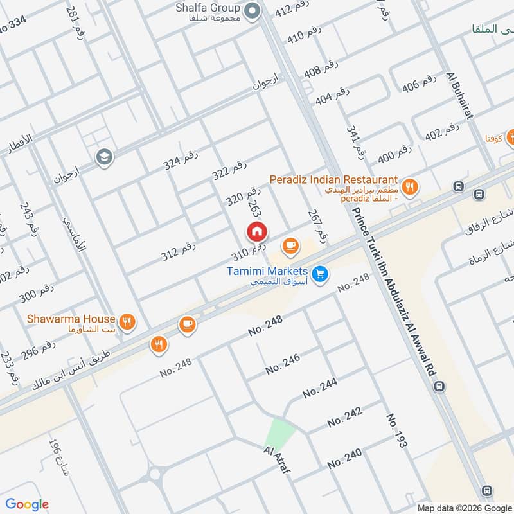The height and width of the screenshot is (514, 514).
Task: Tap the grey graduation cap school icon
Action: pyautogui.click(x=103, y=156)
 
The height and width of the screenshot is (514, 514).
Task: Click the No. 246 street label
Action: pyautogui.click(x=283, y=365)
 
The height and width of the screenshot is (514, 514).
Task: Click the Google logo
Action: pyautogui.click(x=27, y=504)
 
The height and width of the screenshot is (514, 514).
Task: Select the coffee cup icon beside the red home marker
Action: pyautogui.click(x=290, y=245)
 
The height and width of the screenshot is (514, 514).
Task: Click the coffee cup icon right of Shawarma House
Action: pyautogui.click(x=187, y=324)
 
